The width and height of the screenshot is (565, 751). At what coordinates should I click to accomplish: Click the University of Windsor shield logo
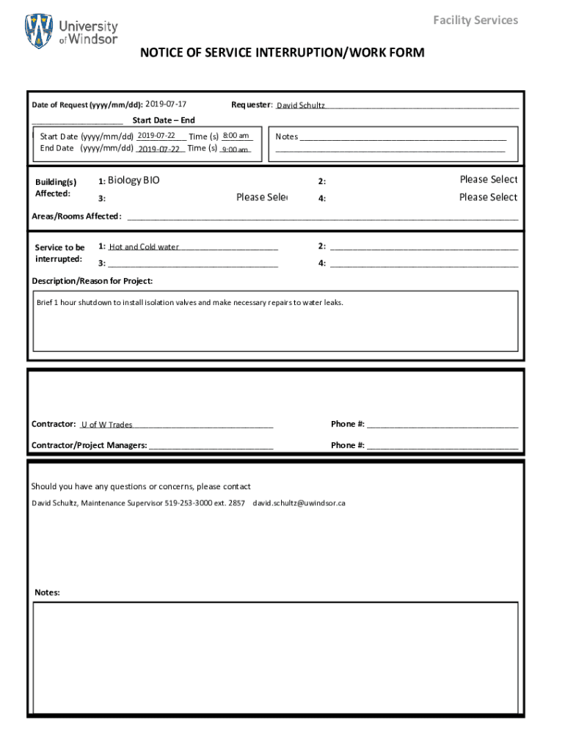click(39, 32)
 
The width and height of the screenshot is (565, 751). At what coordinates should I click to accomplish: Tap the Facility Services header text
click(475, 21)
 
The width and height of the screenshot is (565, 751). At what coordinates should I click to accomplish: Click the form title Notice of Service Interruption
click(282, 53)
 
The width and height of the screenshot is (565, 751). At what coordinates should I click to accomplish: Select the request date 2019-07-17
click(166, 105)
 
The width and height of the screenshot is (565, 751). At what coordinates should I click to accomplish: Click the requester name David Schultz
click(300, 106)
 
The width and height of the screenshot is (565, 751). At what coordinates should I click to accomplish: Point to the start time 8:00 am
click(236, 136)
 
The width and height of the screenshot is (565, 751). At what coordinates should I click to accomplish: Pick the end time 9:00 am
click(235, 149)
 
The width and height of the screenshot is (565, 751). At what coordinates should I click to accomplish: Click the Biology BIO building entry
click(134, 180)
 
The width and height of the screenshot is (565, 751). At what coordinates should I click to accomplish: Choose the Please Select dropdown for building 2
click(488, 180)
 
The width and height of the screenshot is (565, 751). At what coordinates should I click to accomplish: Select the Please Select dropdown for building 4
click(488, 197)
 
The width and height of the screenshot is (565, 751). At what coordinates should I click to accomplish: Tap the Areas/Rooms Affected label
click(76, 216)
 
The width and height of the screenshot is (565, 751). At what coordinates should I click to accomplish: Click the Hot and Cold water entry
click(145, 247)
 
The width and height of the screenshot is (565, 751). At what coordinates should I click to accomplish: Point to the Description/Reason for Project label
click(92, 281)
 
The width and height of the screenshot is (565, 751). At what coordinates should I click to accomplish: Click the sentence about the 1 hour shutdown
click(189, 302)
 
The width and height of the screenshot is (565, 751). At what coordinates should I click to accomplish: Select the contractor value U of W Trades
click(106, 425)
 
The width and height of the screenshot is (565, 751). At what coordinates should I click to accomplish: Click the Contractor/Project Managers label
click(89, 445)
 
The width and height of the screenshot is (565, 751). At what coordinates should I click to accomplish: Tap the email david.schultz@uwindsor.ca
click(299, 503)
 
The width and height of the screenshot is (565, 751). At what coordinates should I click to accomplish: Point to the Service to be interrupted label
click(59, 253)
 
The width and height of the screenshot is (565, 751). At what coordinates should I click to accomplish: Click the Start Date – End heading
click(163, 120)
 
